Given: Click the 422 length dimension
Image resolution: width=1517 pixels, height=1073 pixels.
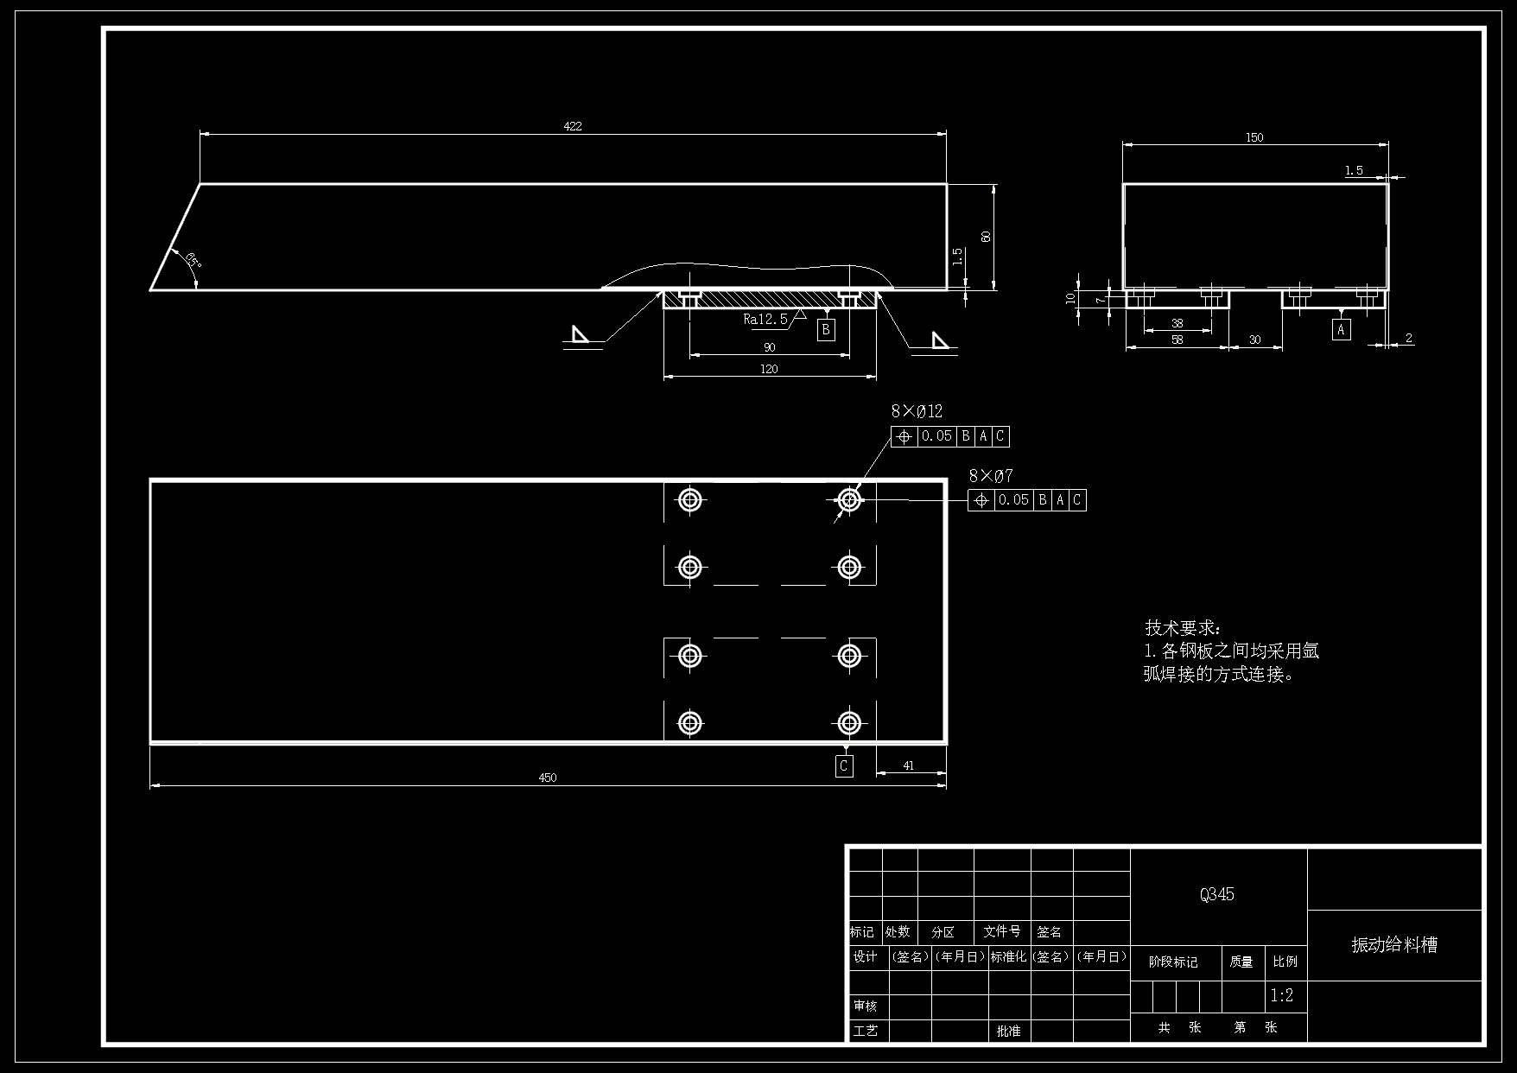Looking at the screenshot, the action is coord(573,126).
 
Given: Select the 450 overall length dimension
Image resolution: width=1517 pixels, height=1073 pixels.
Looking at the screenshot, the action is coord(548,778).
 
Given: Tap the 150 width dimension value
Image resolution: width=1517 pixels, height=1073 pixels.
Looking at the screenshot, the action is coord(1254,137).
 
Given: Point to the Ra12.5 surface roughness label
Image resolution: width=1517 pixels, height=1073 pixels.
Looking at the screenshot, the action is coord(765,320).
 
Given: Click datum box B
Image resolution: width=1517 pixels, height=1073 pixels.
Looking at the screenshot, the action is coord(827,329).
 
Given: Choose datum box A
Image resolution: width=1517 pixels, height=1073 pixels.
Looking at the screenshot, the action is coord(1341,329).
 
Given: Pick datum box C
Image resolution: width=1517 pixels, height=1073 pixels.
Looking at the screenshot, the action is coord(844,765).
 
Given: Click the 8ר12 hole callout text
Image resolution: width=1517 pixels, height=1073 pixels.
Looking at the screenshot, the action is coord(917,411).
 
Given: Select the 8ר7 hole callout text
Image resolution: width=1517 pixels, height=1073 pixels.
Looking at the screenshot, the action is coord(991,476).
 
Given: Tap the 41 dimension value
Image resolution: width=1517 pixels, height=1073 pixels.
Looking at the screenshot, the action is coord(908,765).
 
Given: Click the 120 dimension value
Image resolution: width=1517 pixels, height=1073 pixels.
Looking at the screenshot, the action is coord(769,369).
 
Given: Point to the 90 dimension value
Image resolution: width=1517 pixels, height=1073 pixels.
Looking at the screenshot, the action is coord(769,348).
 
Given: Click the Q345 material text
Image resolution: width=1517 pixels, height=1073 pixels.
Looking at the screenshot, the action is coord(1216,895).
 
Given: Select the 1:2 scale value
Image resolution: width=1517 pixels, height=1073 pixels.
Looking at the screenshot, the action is coord(1282,995).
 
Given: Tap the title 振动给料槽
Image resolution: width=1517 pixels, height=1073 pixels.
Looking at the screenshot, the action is coord(1394,945).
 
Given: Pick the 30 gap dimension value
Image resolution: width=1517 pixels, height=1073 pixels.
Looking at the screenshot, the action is coord(1254,340).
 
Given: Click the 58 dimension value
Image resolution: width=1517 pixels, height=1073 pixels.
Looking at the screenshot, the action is coord(1177,340).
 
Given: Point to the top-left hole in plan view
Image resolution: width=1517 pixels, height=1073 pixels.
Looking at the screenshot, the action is coord(689,499).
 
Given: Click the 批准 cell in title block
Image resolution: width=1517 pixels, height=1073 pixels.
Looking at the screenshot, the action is coord(1008,1031).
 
